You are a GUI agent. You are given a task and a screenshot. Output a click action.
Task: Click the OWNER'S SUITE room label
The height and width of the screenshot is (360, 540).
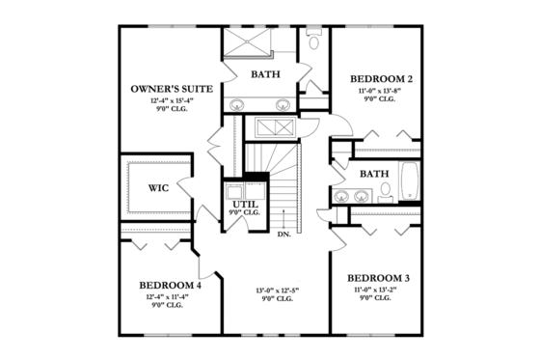tap(166, 90)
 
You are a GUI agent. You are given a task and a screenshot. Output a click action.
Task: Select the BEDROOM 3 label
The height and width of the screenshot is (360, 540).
tap(378, 278)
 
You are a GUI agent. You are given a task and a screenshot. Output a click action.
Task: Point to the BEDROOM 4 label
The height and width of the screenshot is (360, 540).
tap(170, 285)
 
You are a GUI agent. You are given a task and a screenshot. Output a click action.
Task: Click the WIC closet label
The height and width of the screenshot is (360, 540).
tap(159, 187)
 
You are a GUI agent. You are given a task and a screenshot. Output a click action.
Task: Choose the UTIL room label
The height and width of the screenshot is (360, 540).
tap(244, 206)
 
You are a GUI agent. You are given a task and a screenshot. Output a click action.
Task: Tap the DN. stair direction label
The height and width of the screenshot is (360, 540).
tap(285, 234)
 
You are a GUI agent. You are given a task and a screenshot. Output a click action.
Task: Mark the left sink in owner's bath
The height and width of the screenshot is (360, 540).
tap(237, 104)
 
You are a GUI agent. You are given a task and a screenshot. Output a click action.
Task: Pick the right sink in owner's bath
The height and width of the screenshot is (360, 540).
tap(283, 104)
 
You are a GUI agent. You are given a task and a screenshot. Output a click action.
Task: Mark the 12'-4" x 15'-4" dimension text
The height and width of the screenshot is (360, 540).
tap(166, 101)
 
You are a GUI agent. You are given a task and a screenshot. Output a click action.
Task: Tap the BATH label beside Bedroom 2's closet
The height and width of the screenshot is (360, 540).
tap(374, 174)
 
